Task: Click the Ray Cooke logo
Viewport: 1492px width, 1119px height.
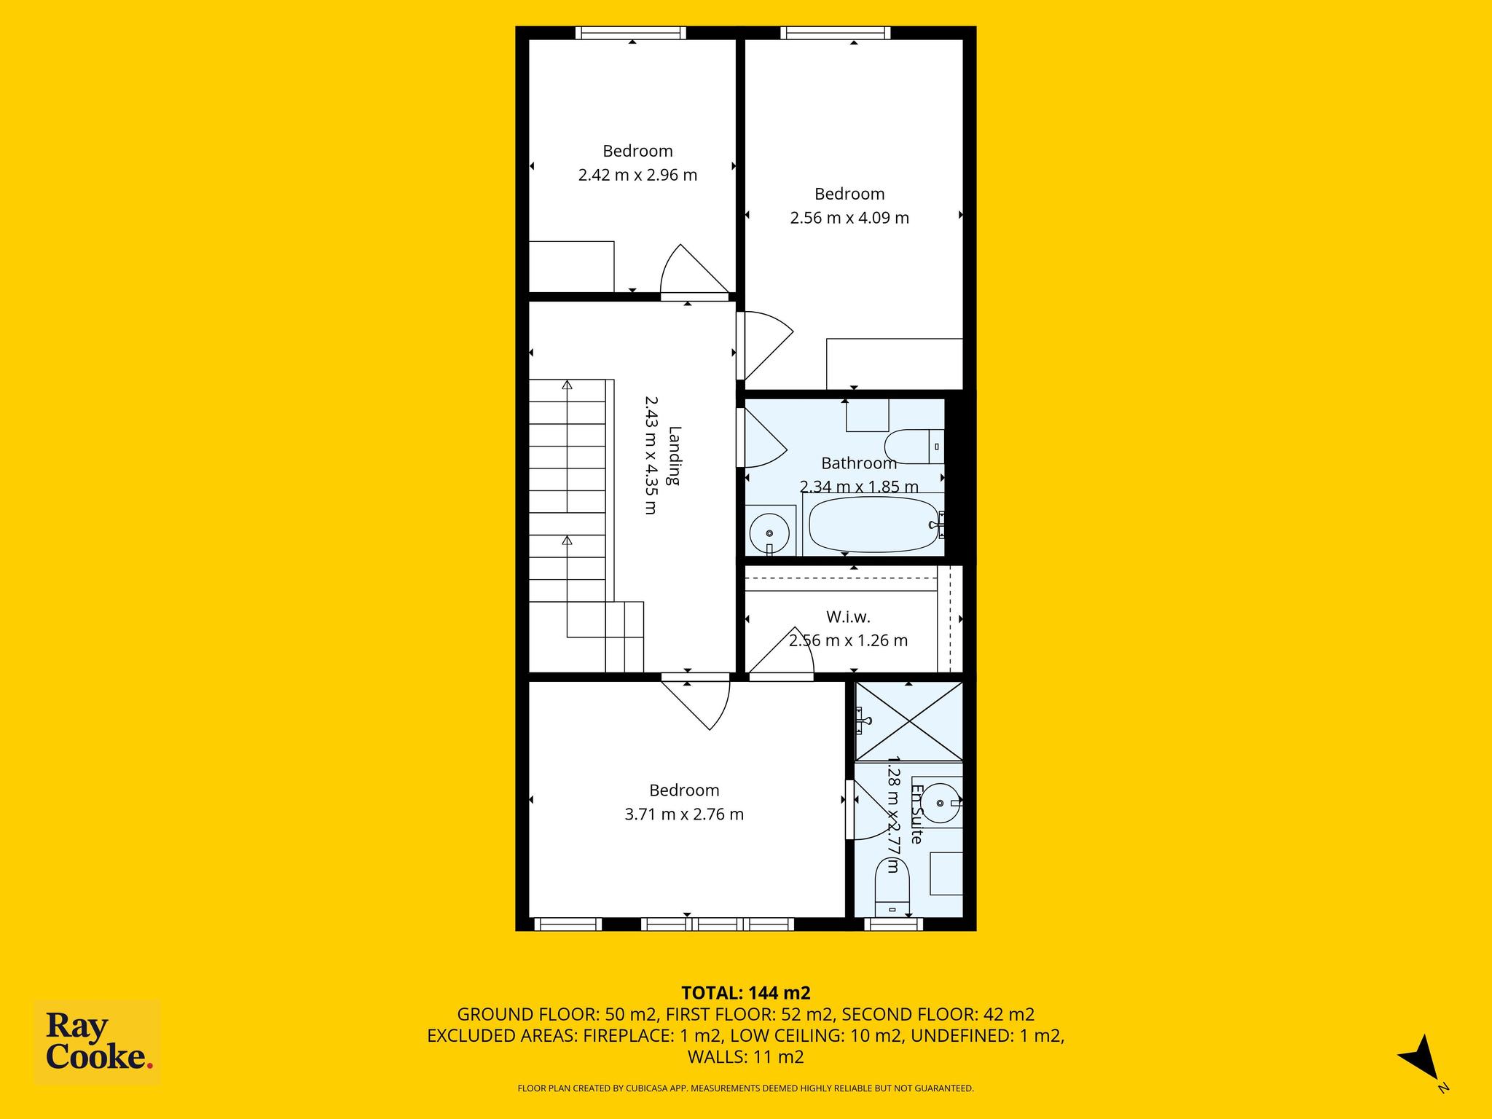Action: [x=97, y=1043]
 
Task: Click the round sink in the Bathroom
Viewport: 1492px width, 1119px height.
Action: [x=769, y=530]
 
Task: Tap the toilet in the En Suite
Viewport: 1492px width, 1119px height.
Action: [x=892, y=887]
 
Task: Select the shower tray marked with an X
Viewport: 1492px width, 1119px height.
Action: [x=908, y=722]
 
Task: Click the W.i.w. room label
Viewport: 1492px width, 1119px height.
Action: [x=848, y=617]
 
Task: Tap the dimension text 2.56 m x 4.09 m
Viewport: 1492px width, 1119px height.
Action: [x=849, y=218]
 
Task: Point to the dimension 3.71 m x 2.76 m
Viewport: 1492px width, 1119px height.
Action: [x=684, y=814]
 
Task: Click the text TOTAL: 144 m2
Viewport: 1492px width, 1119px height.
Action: [x=746, y=993]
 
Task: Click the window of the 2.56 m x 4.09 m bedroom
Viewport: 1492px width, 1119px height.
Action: [x=836, y=33]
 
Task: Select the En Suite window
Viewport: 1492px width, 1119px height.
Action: [x=893, y=924]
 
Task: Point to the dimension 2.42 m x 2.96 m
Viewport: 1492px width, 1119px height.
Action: [x=637, y=175]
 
